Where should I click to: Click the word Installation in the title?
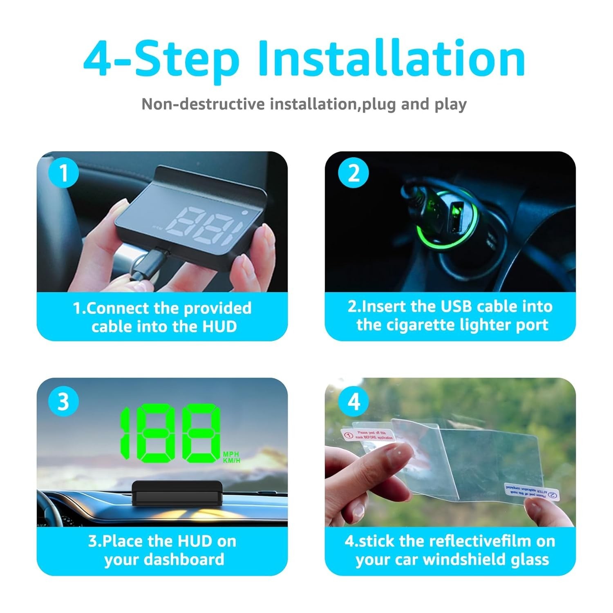[x=391, y=59]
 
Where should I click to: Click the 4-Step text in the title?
[x=161, y=59]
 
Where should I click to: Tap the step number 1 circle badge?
[x=63, y=173]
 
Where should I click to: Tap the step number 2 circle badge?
[x=353, y=173]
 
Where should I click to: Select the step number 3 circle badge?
[x=63, y=402]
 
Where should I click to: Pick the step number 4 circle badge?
[x=353, y=402]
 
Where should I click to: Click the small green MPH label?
[x=231, y=454]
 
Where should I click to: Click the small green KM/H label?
[x=232, y=461]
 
